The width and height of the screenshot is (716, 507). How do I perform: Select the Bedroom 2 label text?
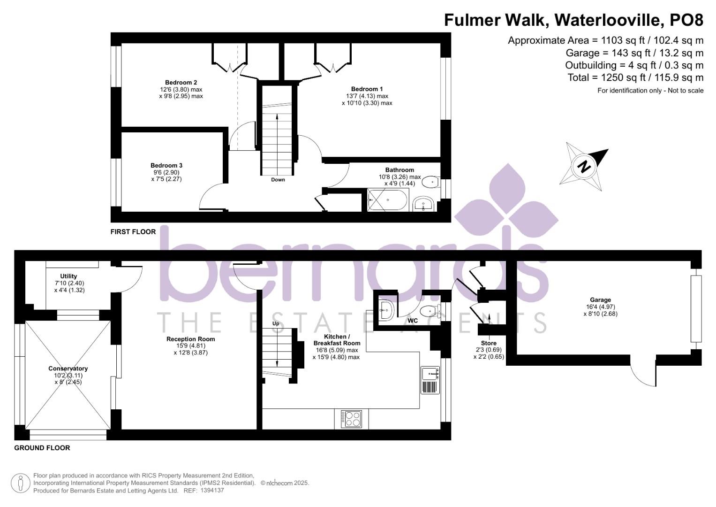point(181,83)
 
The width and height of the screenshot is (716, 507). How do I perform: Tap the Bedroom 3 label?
point(166,165)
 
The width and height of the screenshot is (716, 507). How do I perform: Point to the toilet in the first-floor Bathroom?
point(430,182)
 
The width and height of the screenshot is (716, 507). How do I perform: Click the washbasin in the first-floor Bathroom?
point(422,205)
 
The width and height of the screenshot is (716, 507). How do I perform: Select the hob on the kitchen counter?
point(351,419)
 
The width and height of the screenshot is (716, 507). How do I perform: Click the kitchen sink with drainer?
point(430,380)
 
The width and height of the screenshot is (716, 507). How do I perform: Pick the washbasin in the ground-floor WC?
point(387,310)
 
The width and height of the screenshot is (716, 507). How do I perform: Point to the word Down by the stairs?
point(278,180)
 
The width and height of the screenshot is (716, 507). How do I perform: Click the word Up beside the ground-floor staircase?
point(276,324)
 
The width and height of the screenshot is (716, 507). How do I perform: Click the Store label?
point(489,343)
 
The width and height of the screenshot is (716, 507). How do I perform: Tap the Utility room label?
point(68,276)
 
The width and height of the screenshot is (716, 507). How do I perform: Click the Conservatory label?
point(68,369)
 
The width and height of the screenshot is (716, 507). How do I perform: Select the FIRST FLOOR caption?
point(133,231)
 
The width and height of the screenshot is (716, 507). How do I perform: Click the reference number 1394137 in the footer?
point(212,491)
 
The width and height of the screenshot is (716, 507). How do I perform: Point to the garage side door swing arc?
point(641,376)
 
